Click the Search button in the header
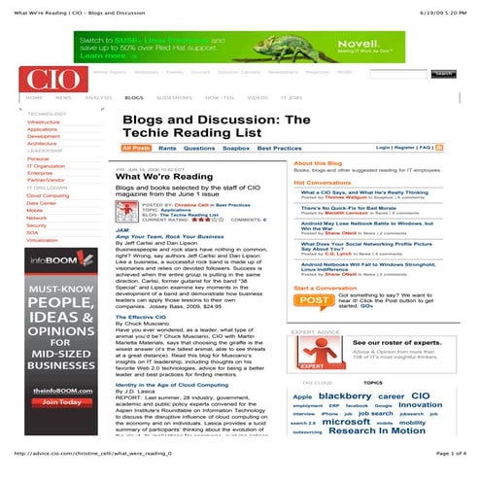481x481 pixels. (443, 73)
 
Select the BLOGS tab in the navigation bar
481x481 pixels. (135, 98)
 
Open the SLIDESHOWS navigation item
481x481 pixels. (175, 98)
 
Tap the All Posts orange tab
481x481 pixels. (137, 148)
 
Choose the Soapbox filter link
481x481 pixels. (236, 148)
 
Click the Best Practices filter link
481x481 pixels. (280, 148)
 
